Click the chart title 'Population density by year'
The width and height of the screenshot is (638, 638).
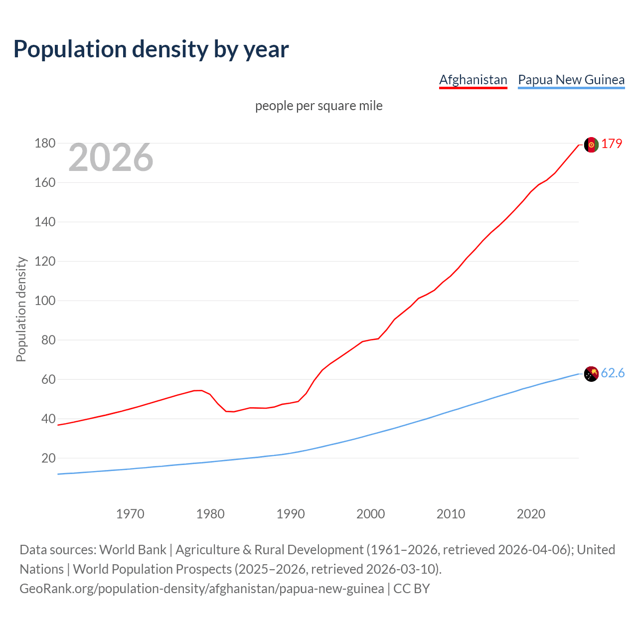point(151,49)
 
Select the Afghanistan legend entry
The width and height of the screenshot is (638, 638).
point(473,80)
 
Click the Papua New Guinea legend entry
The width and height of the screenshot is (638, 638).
point(571,80)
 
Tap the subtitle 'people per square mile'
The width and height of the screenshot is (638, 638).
point(319,106)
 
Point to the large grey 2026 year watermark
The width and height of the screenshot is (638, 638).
point(111,158)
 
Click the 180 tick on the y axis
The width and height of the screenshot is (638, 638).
point(45,144)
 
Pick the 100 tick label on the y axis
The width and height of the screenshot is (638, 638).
point(45,301)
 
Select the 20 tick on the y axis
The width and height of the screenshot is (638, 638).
point(48,458)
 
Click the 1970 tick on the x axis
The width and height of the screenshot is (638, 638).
point(130,514)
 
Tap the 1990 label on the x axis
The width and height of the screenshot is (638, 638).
point(291,514)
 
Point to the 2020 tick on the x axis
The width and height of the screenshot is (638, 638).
point(531,514)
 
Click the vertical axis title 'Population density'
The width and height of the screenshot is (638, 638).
point(21,309)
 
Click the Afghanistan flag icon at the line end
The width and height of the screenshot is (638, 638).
point(591,145)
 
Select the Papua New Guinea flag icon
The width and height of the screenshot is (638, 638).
point(591,374)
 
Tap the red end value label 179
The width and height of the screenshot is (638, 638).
point(612,144)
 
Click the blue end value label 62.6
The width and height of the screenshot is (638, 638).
point(613,373)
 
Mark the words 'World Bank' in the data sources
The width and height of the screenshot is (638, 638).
point(133,549)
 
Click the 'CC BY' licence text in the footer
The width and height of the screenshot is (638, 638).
point(412,588)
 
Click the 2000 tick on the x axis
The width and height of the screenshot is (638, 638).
point(371,514)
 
